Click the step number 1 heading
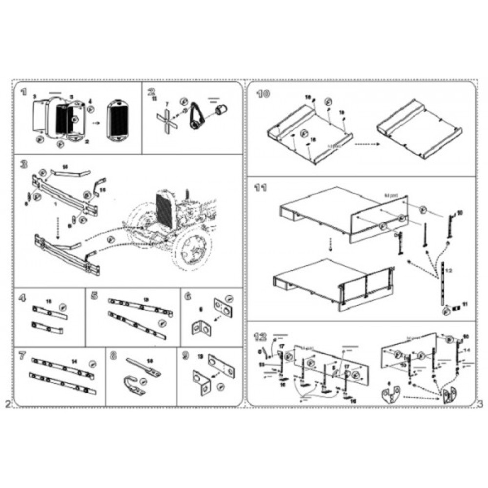(23, 92)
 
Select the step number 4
(22, 297)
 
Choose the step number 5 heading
(95, 296)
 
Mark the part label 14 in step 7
(74, 361)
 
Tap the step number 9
(185, 356)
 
